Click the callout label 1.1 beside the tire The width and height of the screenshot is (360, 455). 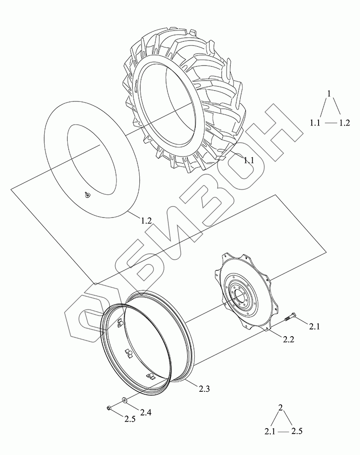point(248,160)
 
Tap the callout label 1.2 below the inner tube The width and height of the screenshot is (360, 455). point(147,221)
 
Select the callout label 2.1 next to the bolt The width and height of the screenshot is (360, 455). point(314,327)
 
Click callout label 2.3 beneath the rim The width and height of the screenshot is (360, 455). point(204,388)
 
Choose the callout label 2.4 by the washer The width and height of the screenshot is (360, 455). point(146,412)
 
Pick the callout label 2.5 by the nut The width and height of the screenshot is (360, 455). point(130,420)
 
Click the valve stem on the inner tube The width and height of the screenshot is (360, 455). point(87,195)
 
